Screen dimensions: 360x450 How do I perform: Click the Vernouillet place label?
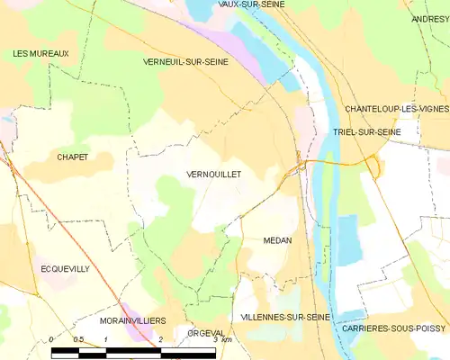(213, 175)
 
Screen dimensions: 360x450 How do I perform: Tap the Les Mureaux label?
(40, 54)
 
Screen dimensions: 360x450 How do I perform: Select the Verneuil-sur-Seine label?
(185, 62)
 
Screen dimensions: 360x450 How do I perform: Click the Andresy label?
(430, 19)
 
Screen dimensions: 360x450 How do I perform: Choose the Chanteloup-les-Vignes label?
(397, 109)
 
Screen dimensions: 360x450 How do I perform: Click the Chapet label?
(72, 157)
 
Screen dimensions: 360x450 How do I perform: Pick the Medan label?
(277, 241)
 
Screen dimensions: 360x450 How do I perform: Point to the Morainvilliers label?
(132, 320)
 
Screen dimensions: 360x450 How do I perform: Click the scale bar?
(135, 351)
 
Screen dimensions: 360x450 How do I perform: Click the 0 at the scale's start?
(52, 339)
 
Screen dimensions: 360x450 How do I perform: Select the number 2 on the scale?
(160, 339)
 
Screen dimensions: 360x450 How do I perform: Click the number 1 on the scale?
(106, 339)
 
